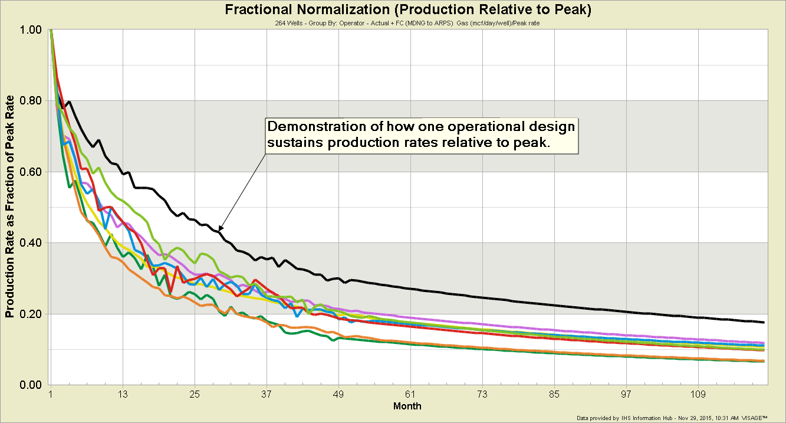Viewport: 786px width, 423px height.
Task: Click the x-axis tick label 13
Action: (x=123, y=394)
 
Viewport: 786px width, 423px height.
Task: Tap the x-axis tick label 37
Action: (x=267, y=394)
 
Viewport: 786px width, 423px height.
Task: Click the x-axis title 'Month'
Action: (x=407, y=406)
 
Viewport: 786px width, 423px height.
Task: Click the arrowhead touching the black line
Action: (x=221, y=229)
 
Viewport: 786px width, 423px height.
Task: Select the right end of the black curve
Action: (x=764, y=322)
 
